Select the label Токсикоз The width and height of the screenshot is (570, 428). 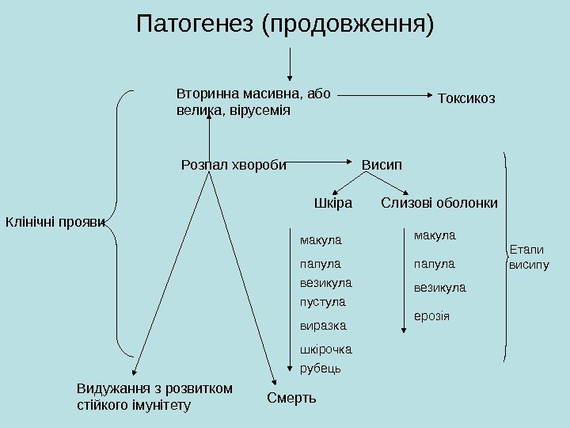pos(466,98)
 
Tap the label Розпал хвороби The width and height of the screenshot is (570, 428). pos(234,165)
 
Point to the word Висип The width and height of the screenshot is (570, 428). pos(382,165)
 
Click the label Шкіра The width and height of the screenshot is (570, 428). pos(332,204)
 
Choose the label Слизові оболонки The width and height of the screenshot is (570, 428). pos(439,204)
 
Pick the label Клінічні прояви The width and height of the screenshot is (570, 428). pos(55,221)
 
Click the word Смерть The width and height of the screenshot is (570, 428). pos(291,398)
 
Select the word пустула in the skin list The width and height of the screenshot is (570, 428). pos(323,302)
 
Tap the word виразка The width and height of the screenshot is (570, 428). pos(323,326)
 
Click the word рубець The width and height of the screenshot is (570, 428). pos(321,368)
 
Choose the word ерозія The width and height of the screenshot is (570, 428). pos(431,316)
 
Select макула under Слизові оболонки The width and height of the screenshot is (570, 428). pos(435,235)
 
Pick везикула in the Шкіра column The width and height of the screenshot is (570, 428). pos(326,282)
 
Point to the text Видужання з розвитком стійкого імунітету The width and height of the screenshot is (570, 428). pos(154,397)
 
